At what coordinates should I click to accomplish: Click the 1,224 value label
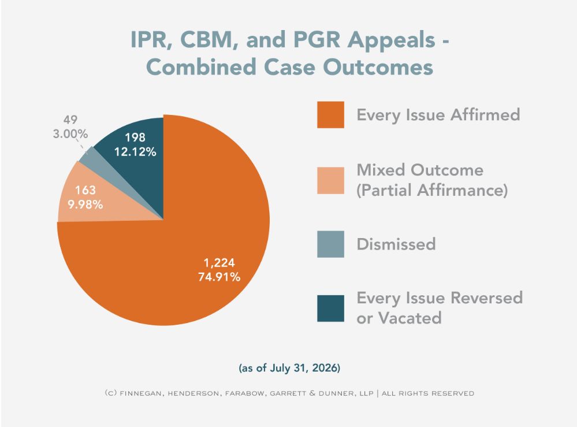[x=219, y=263]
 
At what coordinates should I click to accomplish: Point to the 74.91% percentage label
[x=219, y=277]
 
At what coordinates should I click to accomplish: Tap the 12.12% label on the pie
[x=135, y=151]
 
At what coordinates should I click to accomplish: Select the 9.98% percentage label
[x=85, y=205]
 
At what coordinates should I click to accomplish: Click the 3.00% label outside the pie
[x=70, y=133]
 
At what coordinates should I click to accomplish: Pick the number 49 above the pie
[x=70, y=120]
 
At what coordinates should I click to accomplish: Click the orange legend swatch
[x=330, y=115]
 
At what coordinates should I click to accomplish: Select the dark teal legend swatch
[x=330, y=309]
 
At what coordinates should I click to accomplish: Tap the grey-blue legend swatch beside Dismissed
[x=330, y=244]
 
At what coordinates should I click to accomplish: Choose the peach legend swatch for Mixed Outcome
[x=330, y=180]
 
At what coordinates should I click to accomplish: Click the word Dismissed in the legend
[x=396, y=244]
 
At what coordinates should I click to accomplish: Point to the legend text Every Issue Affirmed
[x=438, y=115]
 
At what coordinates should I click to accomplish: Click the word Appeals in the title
[x=391, y=40]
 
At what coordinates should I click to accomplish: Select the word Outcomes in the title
[x=378, y=68]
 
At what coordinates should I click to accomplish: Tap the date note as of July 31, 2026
[x=289, y=367]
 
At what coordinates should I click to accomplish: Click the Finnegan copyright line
[x=289, y=393]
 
